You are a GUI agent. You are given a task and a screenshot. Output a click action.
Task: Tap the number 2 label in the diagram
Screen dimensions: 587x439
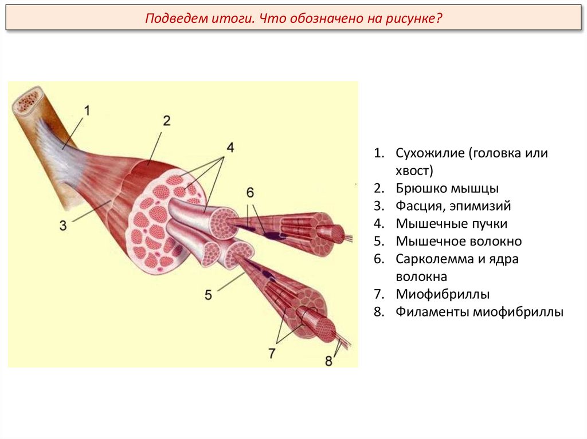coord(166,121)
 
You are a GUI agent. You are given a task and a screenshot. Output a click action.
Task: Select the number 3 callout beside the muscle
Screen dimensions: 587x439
coord(63,226)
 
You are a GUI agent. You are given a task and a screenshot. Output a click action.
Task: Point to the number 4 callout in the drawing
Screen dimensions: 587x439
coord(230,148)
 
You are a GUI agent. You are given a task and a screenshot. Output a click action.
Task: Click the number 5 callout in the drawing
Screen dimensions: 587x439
coord(208,295)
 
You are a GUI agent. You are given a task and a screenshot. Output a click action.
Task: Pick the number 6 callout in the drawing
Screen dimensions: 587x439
coord(251,192)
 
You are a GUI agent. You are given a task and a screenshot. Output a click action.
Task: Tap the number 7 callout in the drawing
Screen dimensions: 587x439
coord(272,353)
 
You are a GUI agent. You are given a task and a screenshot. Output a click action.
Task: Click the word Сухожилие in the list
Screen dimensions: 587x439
coord(429,153)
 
